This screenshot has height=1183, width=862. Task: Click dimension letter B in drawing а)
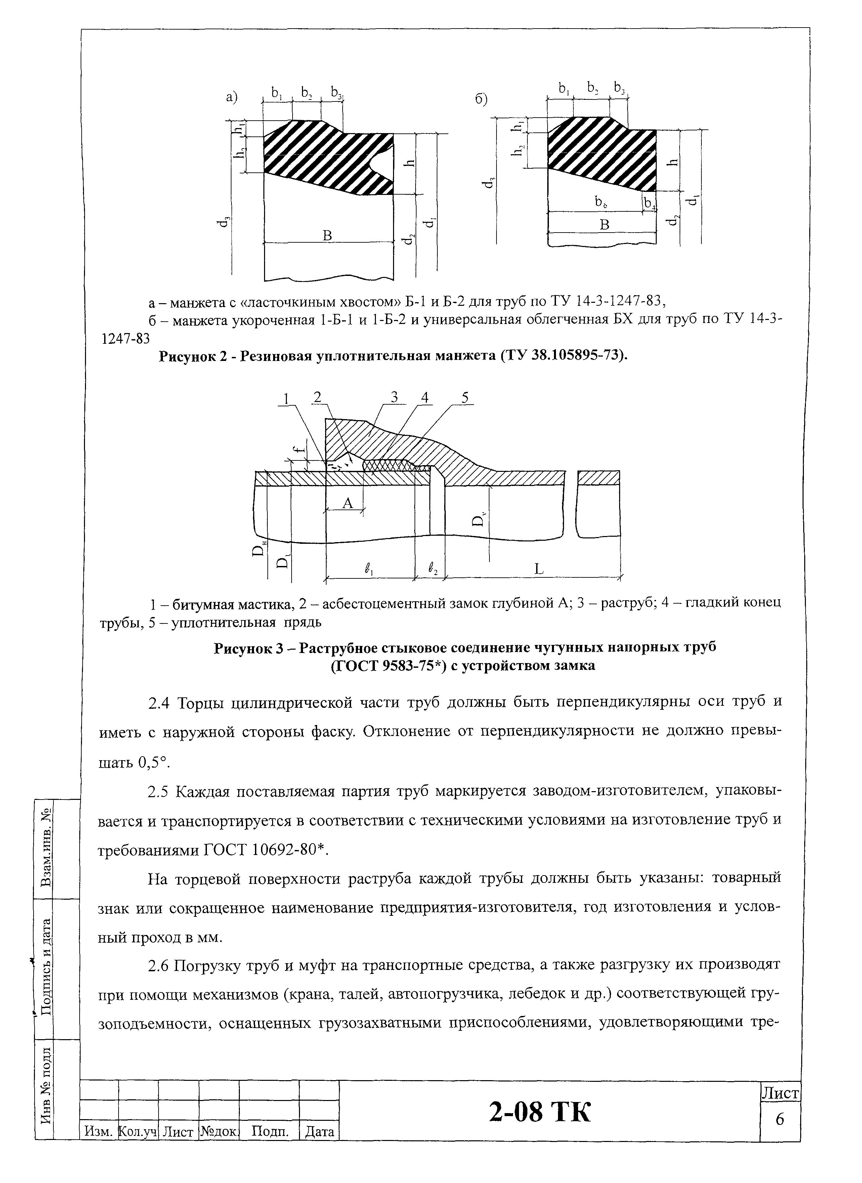click(x=327, y=236)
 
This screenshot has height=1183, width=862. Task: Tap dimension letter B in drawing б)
click(x=604, y=225)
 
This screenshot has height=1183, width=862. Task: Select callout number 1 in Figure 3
click(x=286, y=398)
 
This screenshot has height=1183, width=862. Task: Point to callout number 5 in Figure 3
click(x=465, y=398)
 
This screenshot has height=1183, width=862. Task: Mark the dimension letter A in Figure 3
click(x=347, y=503)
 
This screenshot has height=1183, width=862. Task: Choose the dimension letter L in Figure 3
click(x=539, y=569)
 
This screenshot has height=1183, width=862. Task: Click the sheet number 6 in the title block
click(x=780, y=1119)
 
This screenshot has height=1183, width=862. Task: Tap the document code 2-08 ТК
click(x=540, y=1111)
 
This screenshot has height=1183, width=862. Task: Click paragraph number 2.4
click(x=159, y=703)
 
